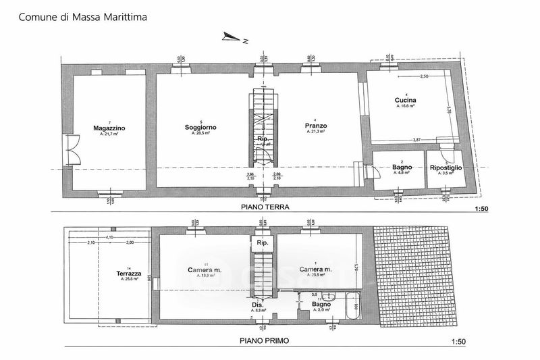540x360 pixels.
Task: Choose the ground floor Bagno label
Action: (x=402, y=167)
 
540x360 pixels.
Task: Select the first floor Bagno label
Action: (x=321, y=304)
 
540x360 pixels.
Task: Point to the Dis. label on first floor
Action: (x=258, y=304)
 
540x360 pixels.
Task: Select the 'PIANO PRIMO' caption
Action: (x=263, y=342)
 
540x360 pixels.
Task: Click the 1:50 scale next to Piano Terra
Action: (x=481, y=209)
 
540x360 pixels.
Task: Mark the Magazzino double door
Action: (x=71, y=151)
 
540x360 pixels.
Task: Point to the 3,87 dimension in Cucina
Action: (x=420, y=139)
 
